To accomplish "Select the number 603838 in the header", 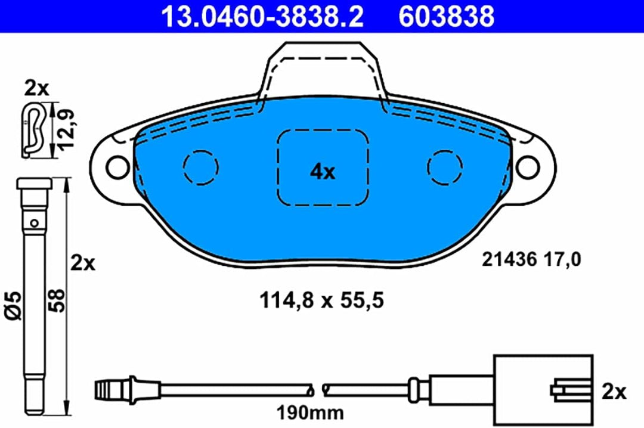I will [x=446, y=16].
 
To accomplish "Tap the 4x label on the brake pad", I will [x=323, y=172].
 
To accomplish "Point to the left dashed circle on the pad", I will [x=200, y=166].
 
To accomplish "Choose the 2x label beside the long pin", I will [x=83, y=262].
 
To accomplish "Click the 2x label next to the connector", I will [x=614, y=392].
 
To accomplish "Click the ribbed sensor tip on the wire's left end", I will [x=107, y=390].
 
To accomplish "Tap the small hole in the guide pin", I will [x=35, y=224].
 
